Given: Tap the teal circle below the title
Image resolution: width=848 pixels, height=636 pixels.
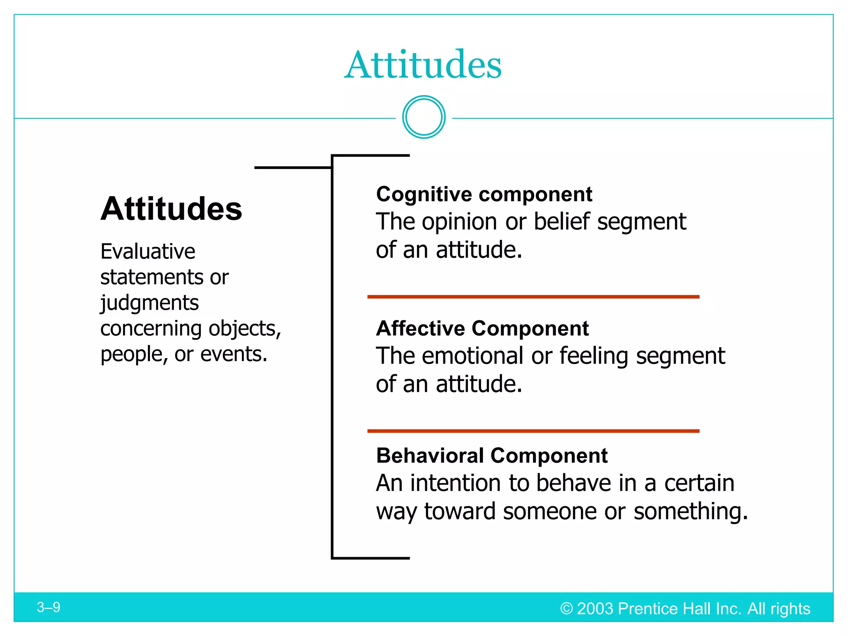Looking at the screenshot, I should point(424,117).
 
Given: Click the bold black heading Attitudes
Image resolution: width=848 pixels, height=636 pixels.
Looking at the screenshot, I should point(171,209).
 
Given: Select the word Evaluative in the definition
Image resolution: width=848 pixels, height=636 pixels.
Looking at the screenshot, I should point(148,251).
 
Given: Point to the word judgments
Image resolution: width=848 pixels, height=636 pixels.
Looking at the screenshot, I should point(149,303).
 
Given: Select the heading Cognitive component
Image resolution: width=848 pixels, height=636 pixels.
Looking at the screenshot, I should point(484,194).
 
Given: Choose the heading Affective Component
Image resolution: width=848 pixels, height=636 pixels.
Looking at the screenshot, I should point(482,328).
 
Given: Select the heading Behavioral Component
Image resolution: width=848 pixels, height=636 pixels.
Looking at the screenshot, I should point(491,455).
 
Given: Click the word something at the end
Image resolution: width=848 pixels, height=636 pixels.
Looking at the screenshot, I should point(690,511).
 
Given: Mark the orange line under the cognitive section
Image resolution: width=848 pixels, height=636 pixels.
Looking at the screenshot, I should point(533,297).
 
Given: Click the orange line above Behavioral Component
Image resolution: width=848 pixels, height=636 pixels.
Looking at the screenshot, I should point(533,431).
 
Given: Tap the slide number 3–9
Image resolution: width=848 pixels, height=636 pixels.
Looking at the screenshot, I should point(48,607).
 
